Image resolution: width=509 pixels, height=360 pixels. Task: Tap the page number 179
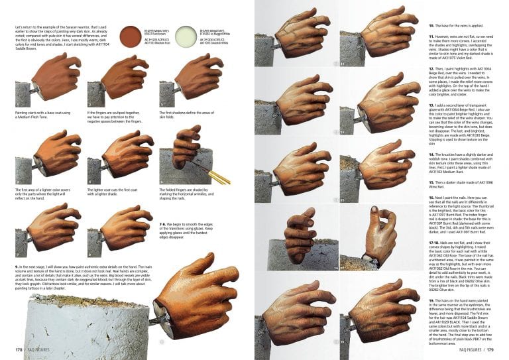point(498,349)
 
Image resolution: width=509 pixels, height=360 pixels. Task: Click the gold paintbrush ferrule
point(217,177)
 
